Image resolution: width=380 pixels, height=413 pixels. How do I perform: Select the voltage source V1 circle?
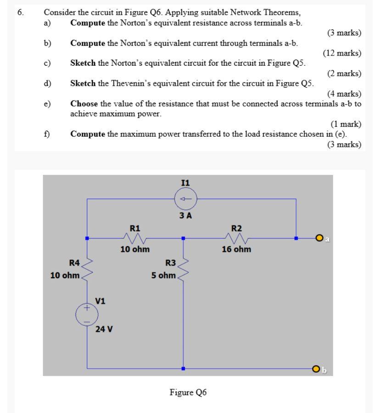click(x=86, y=315)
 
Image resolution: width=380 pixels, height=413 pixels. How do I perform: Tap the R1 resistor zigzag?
click(x=135, y=238)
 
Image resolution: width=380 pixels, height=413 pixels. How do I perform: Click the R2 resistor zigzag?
click(x=236, y=238)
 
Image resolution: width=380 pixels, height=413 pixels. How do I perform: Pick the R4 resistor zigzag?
click(x=87, y=269)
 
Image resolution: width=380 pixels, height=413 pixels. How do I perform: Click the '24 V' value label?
click(x=105, y=329)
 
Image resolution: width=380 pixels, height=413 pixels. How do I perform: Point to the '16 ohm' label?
click(x=236, y=250)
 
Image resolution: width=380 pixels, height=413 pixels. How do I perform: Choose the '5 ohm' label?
click(x=163, y=275)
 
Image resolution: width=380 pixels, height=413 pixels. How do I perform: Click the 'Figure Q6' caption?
click(x=188, y=392)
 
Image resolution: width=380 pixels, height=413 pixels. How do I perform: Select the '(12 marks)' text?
click(x=342, y=53)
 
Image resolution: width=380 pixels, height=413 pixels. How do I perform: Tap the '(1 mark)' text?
click(x=346, y=124)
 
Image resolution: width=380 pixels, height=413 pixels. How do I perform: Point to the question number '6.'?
click(x=20, y=13)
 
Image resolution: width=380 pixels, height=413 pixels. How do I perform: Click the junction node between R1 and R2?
click(x=183, y=238)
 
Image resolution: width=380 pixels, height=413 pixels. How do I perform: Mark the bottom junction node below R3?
click(x=183, y=368)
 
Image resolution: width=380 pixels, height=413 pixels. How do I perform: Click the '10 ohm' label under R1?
click(x=135, y=250)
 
